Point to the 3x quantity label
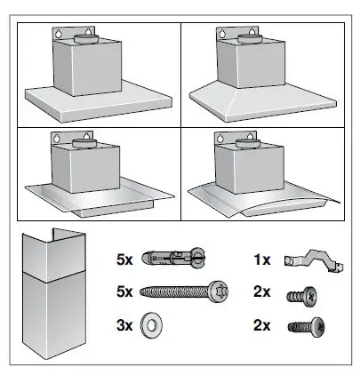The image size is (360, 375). pos(126,325)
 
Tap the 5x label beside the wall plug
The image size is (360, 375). pos(126,260)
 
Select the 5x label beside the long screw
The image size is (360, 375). pos(126,291)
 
